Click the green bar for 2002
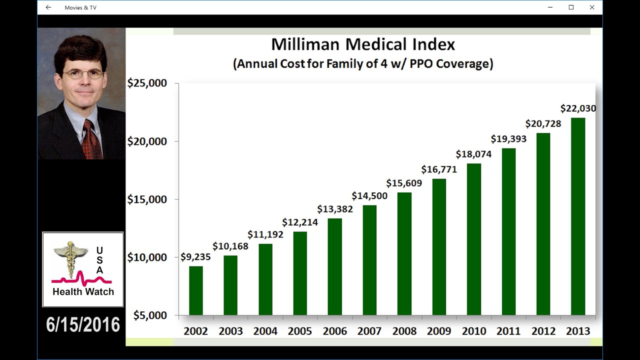point(196,290)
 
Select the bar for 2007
point(370,260)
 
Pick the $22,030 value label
point(578,108)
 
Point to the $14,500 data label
point(369,196)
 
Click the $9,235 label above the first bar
point(195,257)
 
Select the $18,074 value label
point(473,154)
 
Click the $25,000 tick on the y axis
point(147,83)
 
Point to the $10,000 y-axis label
point(147,257)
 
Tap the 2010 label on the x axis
point(474,331)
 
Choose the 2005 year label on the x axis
point(300,331)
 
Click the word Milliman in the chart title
point(305,44)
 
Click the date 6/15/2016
point(83,325)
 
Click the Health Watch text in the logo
point(83,292)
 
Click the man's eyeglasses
point(82,74)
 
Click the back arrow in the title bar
point(48,7)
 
